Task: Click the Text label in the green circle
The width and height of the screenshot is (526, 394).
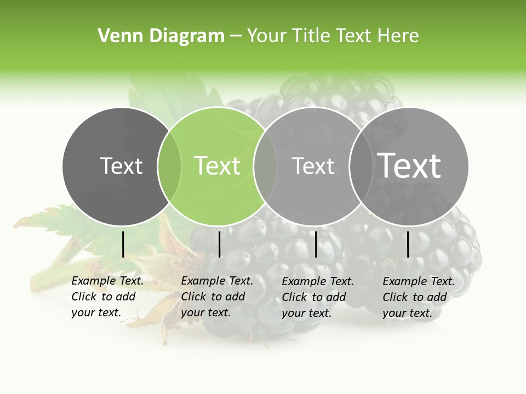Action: point(218,166)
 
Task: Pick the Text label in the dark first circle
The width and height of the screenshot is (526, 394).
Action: point(122,166)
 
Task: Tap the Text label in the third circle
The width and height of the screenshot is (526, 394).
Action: point(313,166)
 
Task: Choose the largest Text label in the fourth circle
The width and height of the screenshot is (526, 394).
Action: point(409,165)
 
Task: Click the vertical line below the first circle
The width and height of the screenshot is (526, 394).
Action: point(123,244)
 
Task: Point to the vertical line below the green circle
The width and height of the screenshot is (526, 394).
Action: point(219,244)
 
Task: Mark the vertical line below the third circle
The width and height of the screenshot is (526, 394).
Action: point(316,244)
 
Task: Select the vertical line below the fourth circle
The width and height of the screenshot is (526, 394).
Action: point(408,244)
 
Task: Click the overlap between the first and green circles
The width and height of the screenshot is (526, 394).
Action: point(169,166)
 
